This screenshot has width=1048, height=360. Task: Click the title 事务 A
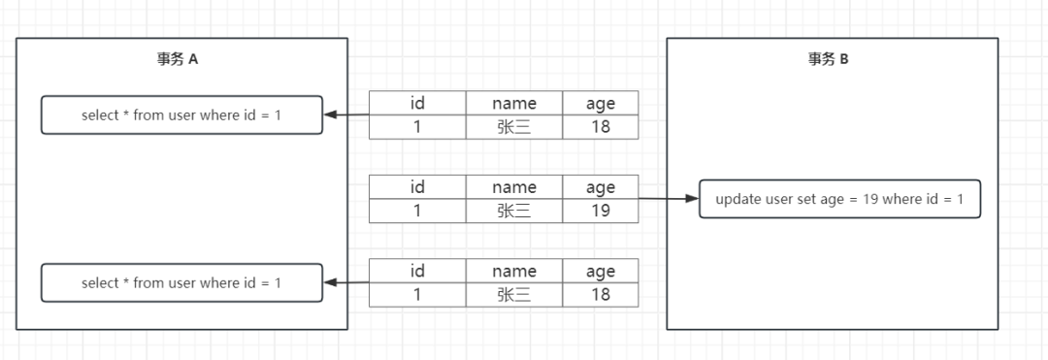click(178, 59)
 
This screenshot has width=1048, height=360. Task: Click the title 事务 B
click(829, 59)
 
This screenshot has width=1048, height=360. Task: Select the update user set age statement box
click(839, 199)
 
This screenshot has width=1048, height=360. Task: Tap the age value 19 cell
click(601, 210)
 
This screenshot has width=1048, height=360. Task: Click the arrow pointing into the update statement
click(670, 199)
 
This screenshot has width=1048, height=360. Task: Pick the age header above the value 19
click(601, 186)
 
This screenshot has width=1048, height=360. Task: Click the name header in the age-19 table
click(514, 186)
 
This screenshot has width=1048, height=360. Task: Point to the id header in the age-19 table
click(417, 186)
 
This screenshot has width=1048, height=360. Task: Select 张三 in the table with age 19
click(514, 210)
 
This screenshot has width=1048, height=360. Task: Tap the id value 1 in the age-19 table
click(417, 210)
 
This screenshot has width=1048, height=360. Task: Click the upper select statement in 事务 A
click(181, 115)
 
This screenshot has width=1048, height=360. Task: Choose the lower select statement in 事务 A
click(181, 282)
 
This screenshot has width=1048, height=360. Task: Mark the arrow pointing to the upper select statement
click(346, 115)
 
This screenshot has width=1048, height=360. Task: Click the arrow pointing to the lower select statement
click(346, 282)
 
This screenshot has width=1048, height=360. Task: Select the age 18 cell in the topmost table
click(601, 126)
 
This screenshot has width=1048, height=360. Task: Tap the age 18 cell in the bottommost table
click(601, 293)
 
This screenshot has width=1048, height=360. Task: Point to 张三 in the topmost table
click(514, 126)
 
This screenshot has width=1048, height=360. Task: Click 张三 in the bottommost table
click(514, 293)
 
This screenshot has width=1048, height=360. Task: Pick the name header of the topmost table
click(514, 103)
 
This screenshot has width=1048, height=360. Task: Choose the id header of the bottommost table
click(417, 271)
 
